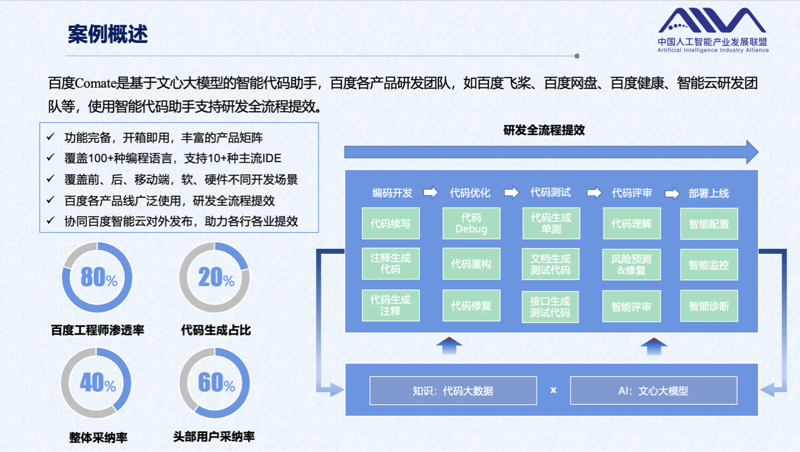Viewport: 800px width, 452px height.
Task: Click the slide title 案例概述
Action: pos(107,34)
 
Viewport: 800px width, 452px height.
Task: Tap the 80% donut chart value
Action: pos(98,277)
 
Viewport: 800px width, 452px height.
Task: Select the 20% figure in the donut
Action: pos(215,277)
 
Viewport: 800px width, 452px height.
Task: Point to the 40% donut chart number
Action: pos(97,383)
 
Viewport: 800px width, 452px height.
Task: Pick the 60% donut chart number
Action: pos(215,383)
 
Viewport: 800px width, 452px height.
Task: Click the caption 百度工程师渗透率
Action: pos(97,330)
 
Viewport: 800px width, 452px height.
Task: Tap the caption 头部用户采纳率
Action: pos(214,436)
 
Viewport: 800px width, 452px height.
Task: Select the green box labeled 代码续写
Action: pos(391,223)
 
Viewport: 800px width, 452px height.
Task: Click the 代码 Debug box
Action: pos(471,223)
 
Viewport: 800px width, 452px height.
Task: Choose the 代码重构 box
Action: pos(471,265)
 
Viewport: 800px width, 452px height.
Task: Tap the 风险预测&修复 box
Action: pos(632,265)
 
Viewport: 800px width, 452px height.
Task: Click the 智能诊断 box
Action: pos(709,306)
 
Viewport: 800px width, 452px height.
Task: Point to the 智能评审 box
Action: pos(632,306)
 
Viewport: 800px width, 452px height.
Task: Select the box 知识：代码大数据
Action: pos(453,391)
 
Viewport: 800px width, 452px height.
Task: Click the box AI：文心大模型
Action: pos(653,391)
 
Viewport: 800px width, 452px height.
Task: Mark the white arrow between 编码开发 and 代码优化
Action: pos(430,193)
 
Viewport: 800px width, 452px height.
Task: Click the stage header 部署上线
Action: pos(709,193)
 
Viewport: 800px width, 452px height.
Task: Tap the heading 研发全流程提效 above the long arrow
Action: pos(544,131)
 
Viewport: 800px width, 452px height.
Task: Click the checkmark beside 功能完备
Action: pos(50,137)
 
